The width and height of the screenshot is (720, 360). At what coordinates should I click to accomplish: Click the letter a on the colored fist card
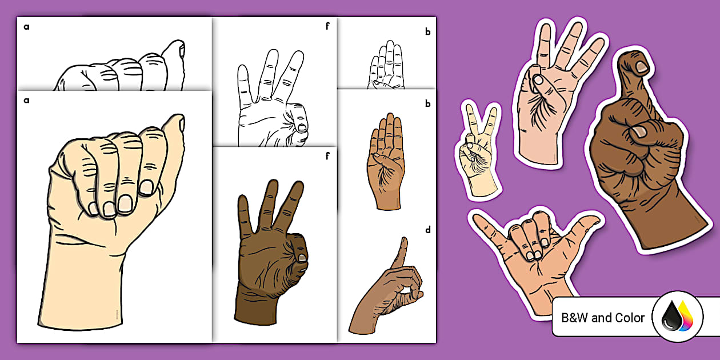26,100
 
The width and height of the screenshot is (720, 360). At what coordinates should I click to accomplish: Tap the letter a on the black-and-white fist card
26,26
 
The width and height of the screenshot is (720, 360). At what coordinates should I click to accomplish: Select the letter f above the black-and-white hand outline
327,26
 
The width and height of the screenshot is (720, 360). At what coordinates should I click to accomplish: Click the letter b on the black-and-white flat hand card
427,32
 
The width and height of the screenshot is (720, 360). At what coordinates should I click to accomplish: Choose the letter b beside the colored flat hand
427,105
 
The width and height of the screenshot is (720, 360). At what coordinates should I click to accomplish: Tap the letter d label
427,231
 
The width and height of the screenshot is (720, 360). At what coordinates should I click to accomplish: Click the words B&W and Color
603,318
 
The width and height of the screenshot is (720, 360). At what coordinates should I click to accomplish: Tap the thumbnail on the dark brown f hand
301,258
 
